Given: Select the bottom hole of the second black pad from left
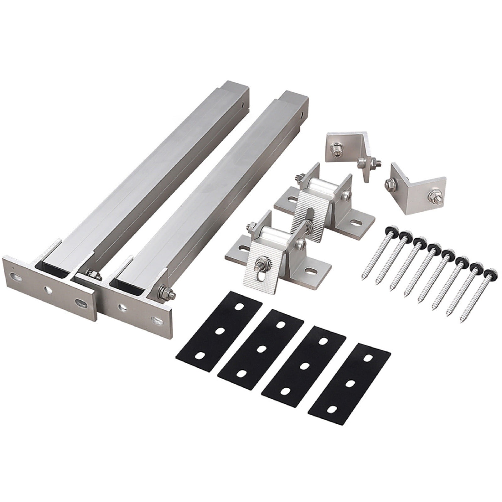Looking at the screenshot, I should pyautogui.click(x=242, y=373).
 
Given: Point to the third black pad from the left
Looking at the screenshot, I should pyautogui.click(x=304, y=364).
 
